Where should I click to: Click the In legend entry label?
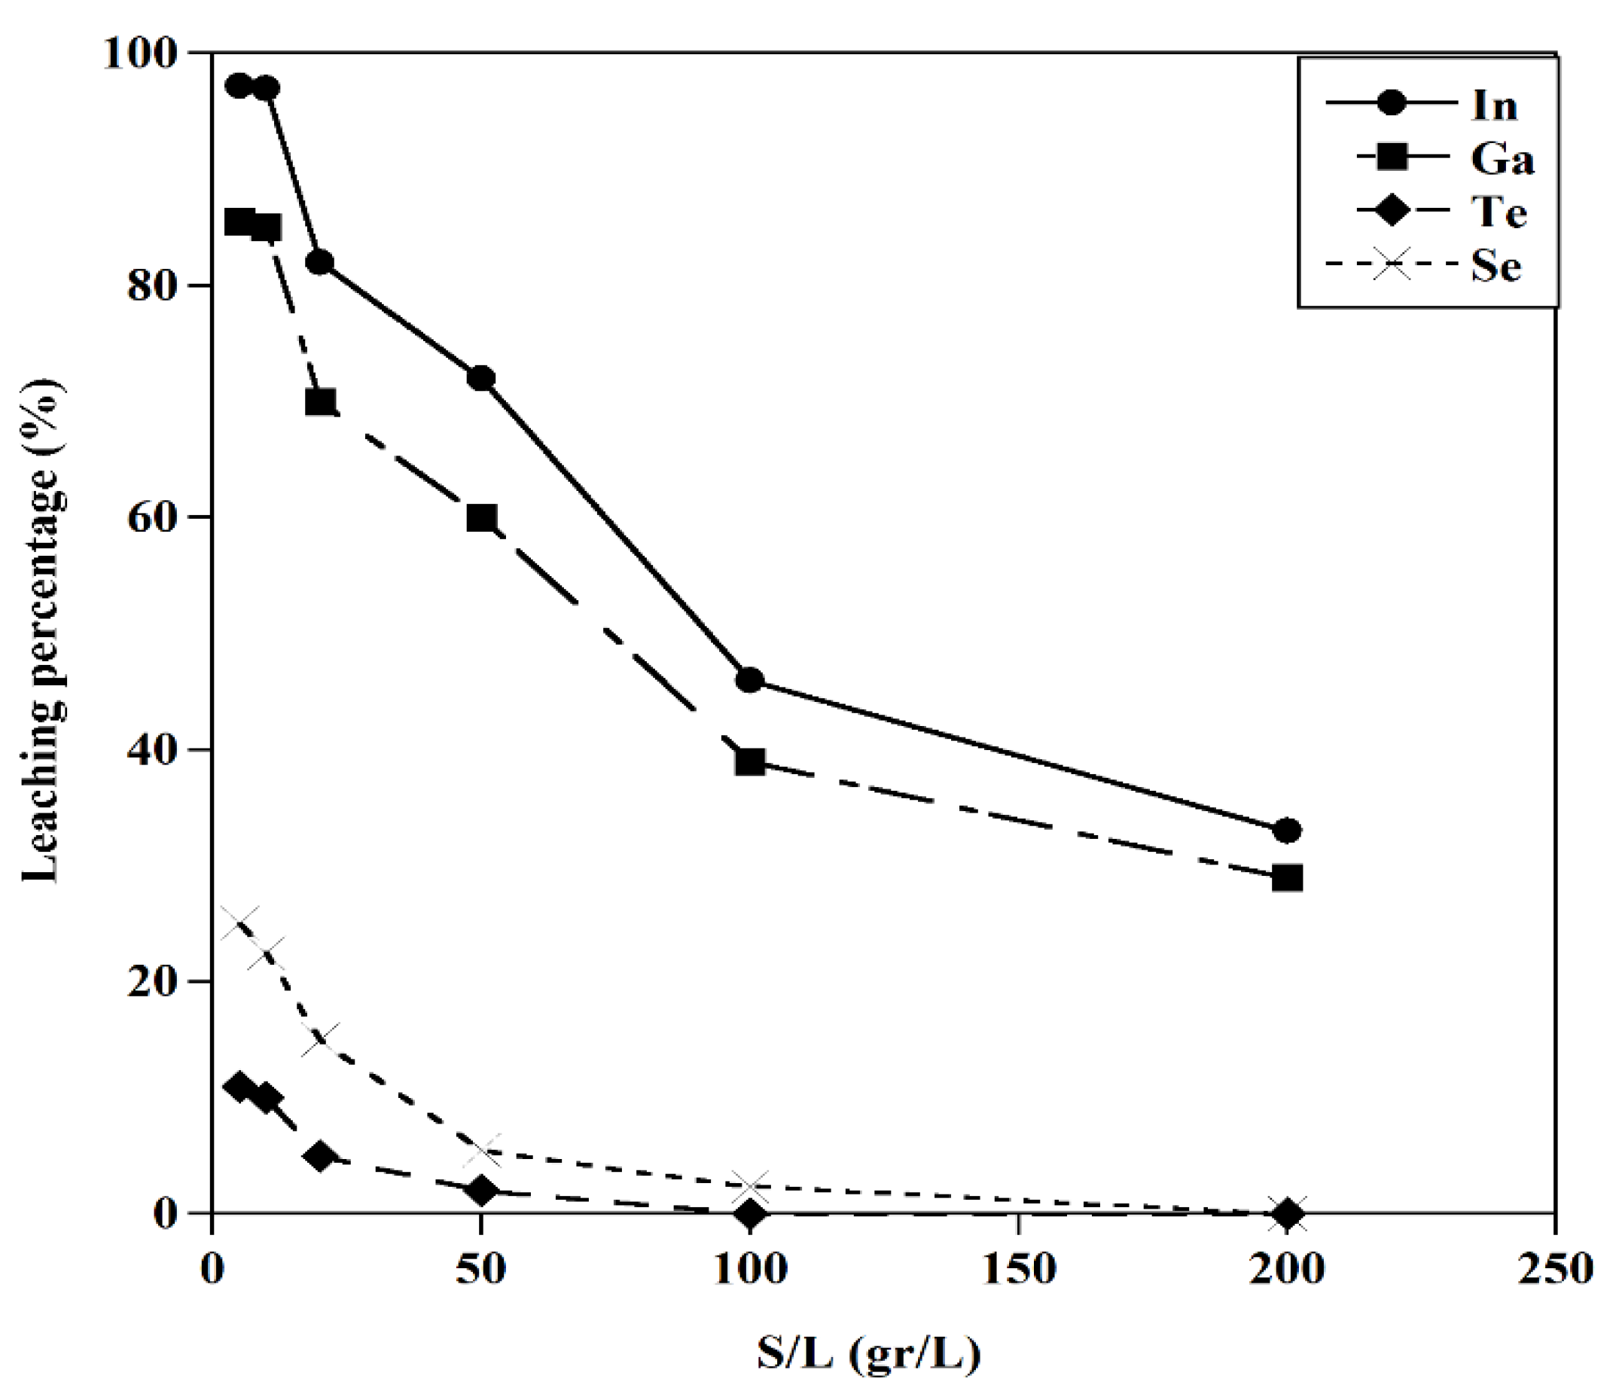click(x=1493, y=105)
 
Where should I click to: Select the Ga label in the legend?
click(x=1502, y=159)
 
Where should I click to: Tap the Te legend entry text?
click(x=1499, y=212)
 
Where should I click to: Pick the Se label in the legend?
click(x=1496, y=266)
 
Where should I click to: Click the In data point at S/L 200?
click(x=1286, y=831)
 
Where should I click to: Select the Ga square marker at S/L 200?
click(x=1286, y=877)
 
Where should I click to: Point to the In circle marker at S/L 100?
click(x=749, y=679)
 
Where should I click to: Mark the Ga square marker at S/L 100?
click(x=749, y=761)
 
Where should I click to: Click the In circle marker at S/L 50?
click(x=481, y=377)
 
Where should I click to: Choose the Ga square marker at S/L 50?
click(x=481, y=517)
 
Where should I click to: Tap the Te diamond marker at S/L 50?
click(x=481, y=1191)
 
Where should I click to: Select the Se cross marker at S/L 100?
click(x=749, y=1186)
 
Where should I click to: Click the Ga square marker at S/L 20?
click(x=320, y=401)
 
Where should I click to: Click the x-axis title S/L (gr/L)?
click(x=868, y=1355)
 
